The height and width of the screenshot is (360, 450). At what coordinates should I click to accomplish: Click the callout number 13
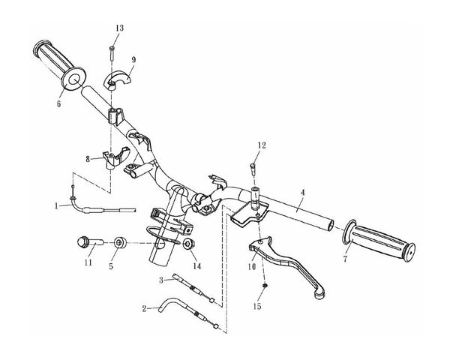[x=120, y=28]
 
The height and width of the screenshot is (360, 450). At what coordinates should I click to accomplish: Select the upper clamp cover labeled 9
[x=117, y=79]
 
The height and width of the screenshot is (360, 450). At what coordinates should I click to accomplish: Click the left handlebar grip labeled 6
[x=60, y=66]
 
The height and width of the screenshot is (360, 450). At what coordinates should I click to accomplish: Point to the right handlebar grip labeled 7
[x=379, y=241]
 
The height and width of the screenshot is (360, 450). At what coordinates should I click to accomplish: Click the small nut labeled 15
[x=265, y=286]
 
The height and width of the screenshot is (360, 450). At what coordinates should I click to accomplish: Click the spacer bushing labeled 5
[x=120, y=243]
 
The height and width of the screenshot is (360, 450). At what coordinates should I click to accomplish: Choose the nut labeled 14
[x=189, y=244]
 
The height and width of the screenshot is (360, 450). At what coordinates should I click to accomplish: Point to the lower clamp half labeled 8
[x=115, y=157]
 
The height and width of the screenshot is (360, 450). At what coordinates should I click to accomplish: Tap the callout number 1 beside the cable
[x=56, y=205]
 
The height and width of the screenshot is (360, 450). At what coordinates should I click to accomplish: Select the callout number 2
[x=144, y=308]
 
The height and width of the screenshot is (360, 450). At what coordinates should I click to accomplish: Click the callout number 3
[x=161, y=280]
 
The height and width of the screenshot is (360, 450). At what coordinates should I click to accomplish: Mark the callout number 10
[x=252, y=267]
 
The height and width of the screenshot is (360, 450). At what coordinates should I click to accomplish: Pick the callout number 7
[x=345, y=259]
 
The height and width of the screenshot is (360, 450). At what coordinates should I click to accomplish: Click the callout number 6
[x=58, y=103]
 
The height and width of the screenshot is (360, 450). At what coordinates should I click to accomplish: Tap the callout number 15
[x=257, y=306]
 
